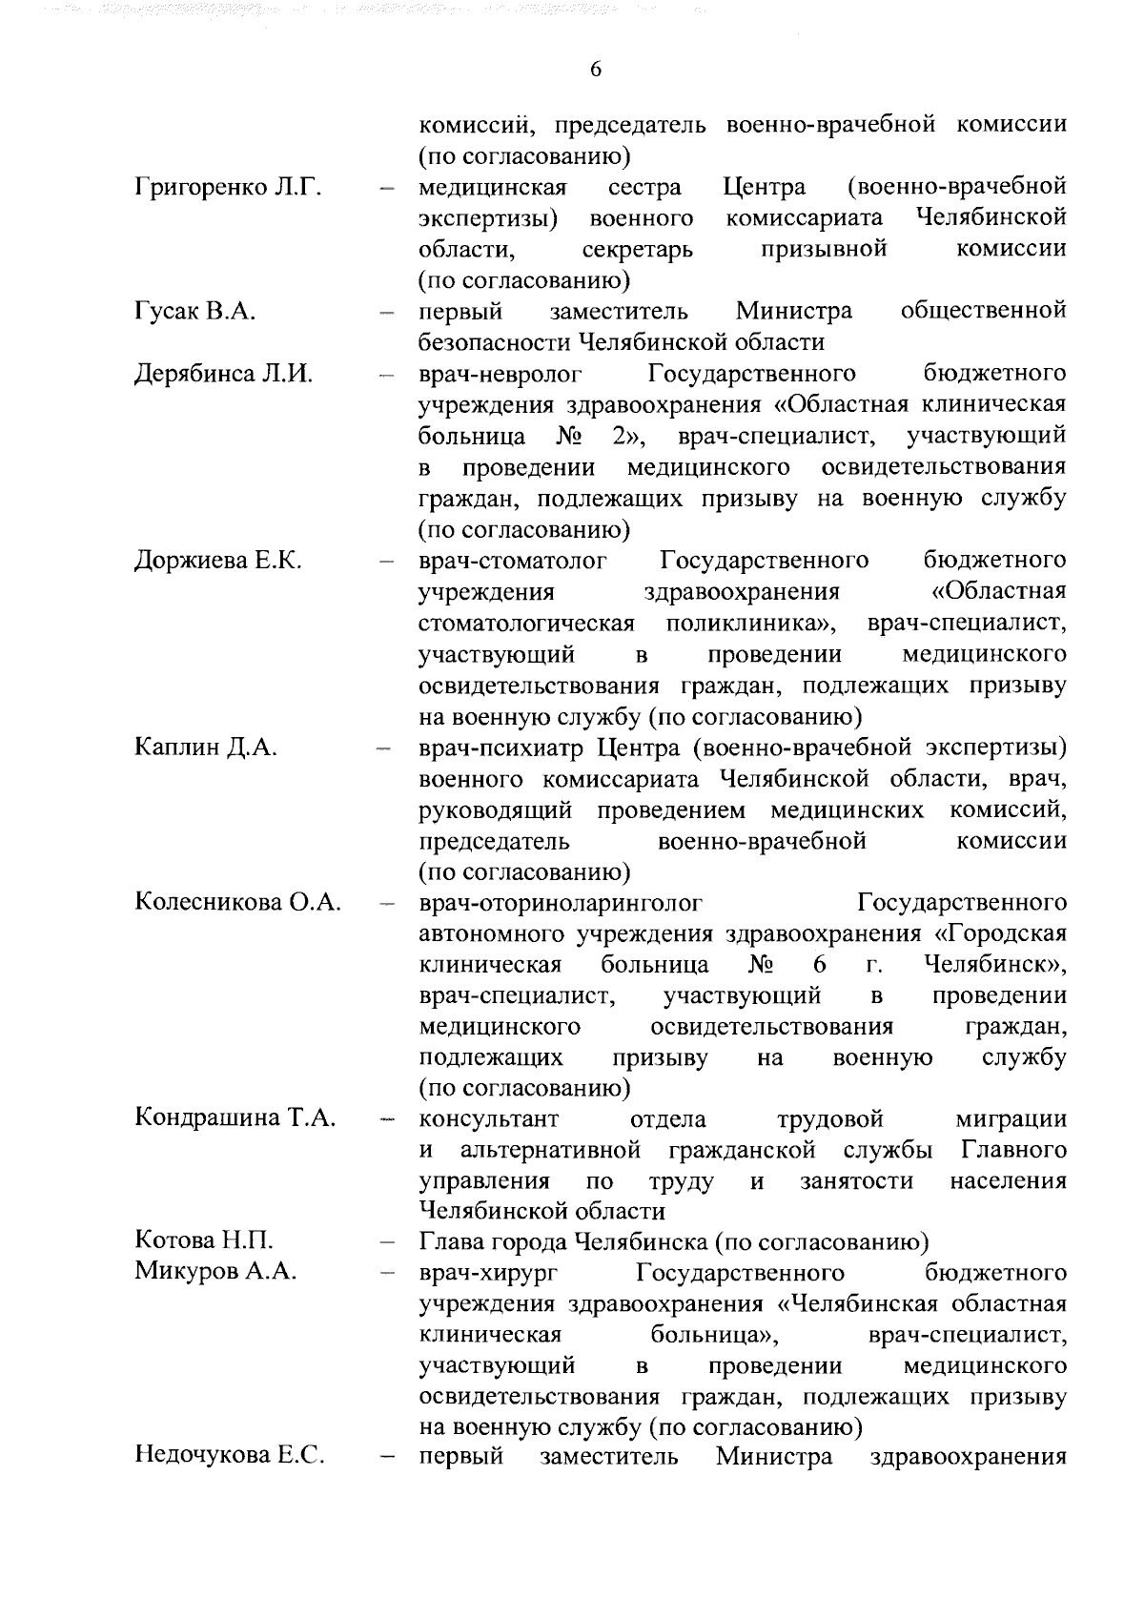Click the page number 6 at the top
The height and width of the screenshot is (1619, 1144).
tap(595, 70)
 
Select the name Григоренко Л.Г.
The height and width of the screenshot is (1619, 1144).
tap(228, 186)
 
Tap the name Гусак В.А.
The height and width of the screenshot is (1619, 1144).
tap(195, 311)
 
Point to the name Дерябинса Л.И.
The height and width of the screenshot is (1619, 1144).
tap(224, 373)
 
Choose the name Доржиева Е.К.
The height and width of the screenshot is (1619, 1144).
tap(218, 560)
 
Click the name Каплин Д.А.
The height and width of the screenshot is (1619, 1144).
tap(206, 747)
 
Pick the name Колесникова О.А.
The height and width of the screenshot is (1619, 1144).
tap(238, 902)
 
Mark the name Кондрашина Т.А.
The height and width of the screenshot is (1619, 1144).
tap(235, 1117)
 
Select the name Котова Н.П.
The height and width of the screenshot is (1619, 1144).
tap(205, 1240)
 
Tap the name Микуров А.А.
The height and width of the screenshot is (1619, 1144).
tap(216, 1272)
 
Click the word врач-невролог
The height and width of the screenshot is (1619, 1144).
tap(500, 373)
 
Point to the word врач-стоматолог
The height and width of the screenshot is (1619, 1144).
tap(513, 560)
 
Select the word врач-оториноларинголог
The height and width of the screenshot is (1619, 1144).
tap(561, 902)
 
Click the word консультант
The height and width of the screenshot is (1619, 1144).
tap(489, 1117)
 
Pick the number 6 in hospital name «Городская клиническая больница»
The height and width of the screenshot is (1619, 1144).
tap(819, 964)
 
